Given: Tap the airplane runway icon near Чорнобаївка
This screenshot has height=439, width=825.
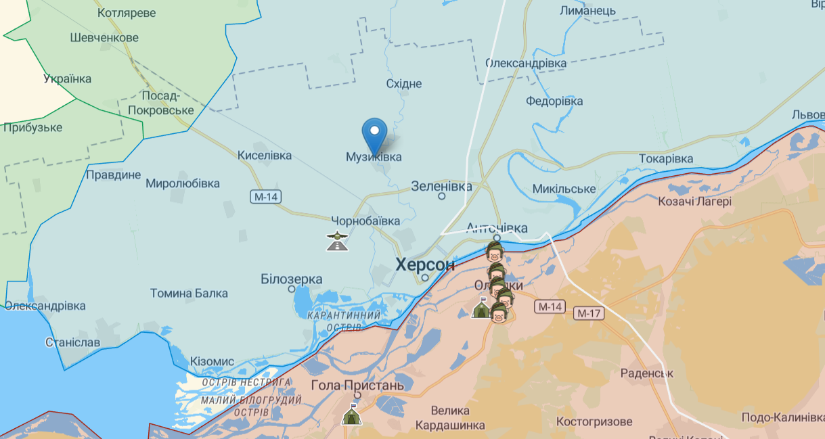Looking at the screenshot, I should pyautogui.click(x=337, y=240).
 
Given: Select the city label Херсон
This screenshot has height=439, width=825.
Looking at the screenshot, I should pyautogui.click(x=425, y=264).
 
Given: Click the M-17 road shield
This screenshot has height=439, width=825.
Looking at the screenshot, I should pyautogui.click(x=588, y=313).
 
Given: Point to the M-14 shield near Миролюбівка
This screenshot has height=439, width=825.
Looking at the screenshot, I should pyautogui.click(x=265, y=197).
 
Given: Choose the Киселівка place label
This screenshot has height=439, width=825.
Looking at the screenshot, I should pyautogui.click(x=264, y=156).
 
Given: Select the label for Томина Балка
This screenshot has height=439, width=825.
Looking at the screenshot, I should pyautogui.click(x=189, y=294).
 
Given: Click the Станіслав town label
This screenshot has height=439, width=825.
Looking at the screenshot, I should pyautogui.click(x=72, y=342).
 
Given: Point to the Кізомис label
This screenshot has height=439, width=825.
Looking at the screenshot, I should pyautogui.click(x=212, y=361).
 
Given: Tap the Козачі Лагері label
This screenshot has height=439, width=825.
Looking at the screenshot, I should pyautogui.click(x=694, y=201).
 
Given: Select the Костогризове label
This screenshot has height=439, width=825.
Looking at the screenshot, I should pyautogui.click(x=594, y=421).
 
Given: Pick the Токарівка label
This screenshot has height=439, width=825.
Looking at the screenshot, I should pyautogui.click(x=666, y=159).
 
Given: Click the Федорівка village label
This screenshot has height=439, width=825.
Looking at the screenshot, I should pyautogui.click(x=554, y=101).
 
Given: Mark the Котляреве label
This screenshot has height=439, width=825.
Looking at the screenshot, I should pyautogui.click(x=127, y=13).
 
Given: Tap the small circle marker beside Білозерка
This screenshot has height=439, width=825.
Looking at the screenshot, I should pyautogui.click(x=292, y=289).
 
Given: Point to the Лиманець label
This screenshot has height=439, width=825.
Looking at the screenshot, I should pyautogui.click(x=587, y=11).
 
